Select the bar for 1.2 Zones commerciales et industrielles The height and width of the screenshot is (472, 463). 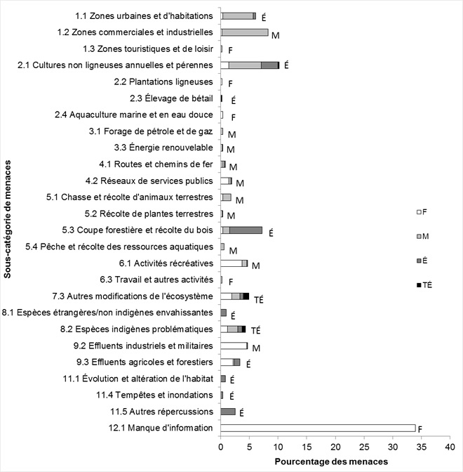245,32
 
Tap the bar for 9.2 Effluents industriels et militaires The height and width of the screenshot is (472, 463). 234,346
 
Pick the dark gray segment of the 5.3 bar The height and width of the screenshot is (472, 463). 246,230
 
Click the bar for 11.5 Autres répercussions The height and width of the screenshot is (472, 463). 228,412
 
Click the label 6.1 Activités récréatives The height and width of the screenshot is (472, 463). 166,263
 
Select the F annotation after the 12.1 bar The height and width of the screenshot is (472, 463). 420,428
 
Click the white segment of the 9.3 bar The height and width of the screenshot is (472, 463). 227,362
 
